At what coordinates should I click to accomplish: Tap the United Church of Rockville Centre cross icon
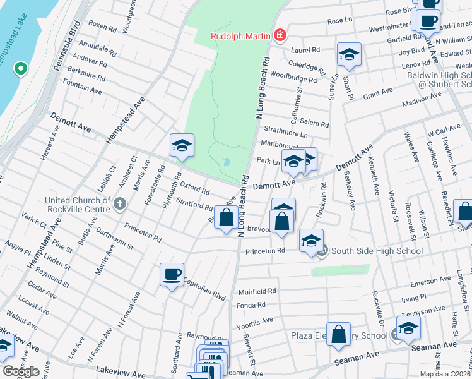(x=121, y=203)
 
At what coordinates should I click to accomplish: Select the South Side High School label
(x=377, y=251)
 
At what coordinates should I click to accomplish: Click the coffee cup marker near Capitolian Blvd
(x=172, y=275)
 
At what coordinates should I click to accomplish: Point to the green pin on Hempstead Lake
(x=20, y=68)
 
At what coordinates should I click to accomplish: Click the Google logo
(x=20, y=371)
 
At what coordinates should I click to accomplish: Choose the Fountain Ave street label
(x=83, y=87)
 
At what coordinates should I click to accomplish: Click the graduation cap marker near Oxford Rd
(x=181, y=146)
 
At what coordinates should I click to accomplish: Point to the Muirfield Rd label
(x=257, y=291)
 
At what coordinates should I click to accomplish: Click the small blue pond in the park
(x=226, y=162)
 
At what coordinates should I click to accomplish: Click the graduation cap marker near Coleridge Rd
(x=348, y=54)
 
